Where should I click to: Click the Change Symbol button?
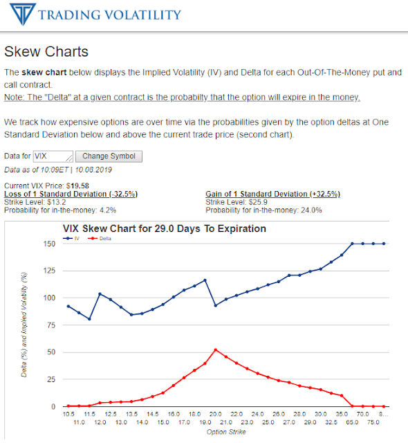click(109, 156)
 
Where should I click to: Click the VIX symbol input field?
click(53, 156)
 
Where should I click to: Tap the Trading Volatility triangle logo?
click(23, 14)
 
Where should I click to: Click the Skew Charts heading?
click(46, 51)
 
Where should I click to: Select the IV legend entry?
click(71, 238)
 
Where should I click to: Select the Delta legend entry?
click(100, 238)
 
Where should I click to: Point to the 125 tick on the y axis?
click(49, 271)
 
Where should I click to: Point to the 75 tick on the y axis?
click(51, 325)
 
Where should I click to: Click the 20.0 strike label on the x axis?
click(215, 414)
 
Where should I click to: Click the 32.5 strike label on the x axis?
click(331, 422)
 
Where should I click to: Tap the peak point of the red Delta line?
click(216, 350)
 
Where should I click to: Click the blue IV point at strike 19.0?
click(205, 280)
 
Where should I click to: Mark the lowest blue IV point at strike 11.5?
click(89, 319)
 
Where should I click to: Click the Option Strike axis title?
click(226, 432)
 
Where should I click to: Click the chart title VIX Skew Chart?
click(164, 228)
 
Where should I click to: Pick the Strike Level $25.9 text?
click(237, 202)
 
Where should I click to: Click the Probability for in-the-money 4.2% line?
click(60, 210)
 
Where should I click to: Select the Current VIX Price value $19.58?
click(77, 186)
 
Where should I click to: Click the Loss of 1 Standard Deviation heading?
click(71, 194)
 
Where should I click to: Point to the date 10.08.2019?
click(93, 170)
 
